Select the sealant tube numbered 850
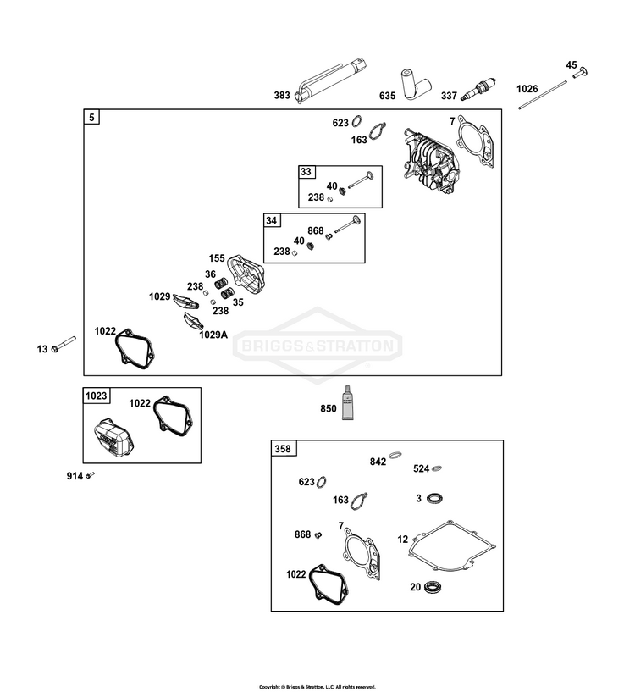(348, 402)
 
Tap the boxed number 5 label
(91, 117)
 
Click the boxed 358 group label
(283, 448)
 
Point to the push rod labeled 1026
(543, 95)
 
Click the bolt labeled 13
(63, 344)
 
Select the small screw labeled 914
(90, 475)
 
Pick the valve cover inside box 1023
(113, 437)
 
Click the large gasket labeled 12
(451, 545)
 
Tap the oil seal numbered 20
(433, 587)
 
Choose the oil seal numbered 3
(434, 498)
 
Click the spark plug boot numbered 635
(415, 84)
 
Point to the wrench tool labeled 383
(330, 80)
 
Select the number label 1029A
(213, 335)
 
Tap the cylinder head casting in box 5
(431, 160)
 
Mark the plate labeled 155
(246, 274)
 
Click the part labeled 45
(580, 72)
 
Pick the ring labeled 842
(395, 455)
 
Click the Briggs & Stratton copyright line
(317, 687)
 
